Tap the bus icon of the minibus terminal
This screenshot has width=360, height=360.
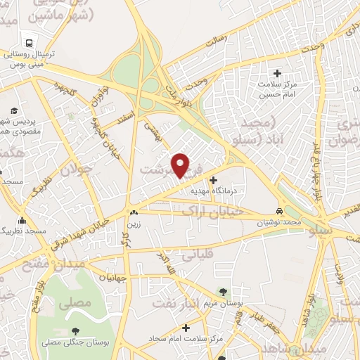[29, 39]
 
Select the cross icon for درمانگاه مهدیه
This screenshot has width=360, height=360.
[214, 179]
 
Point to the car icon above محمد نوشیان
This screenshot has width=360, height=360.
[279, 212]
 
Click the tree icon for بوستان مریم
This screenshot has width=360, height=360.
[223, 292]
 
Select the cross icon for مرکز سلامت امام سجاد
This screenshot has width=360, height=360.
[186, 328]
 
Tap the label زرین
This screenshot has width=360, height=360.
[133, 224]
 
